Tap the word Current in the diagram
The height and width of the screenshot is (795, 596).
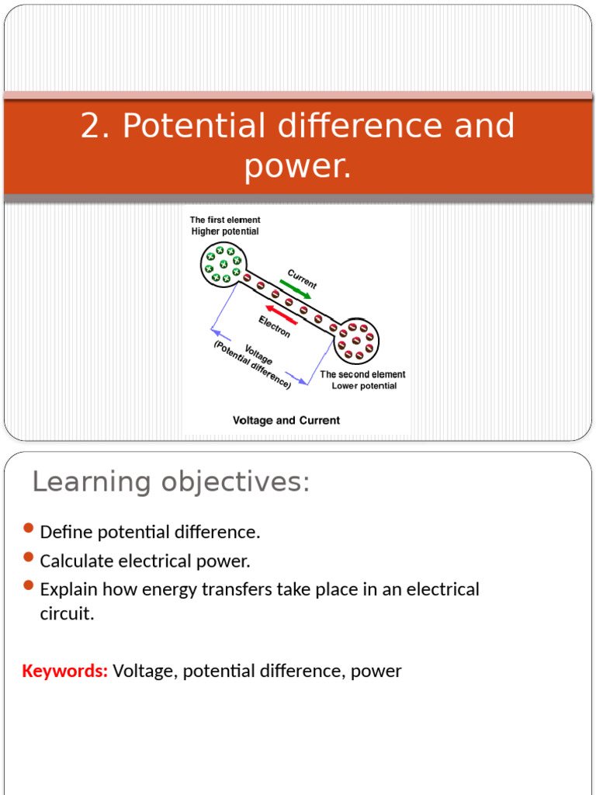(302, 279)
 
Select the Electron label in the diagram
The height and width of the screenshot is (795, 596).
(275, 326)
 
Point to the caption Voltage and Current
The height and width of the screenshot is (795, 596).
(286, 420)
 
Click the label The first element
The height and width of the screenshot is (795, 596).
(225, 220)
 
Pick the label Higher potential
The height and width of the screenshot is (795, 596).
(225, 231)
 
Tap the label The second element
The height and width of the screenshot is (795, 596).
(362, 374)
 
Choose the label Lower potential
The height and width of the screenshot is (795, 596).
(364, 386)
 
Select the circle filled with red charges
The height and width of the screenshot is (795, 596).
(356, 339)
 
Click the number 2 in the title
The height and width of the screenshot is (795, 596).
(91, 126)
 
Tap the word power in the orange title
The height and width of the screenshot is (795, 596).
(297, 165)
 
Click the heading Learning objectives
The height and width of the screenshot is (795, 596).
(171, 482)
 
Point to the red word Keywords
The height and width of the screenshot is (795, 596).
(64, 671)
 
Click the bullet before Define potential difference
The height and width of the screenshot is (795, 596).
(29, 529)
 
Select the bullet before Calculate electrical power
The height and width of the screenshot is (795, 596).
(29, 557)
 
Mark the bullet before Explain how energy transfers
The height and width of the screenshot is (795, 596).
(29, 585)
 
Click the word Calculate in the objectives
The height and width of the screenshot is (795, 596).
(76, 561)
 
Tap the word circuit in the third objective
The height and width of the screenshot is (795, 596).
(67, 614)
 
